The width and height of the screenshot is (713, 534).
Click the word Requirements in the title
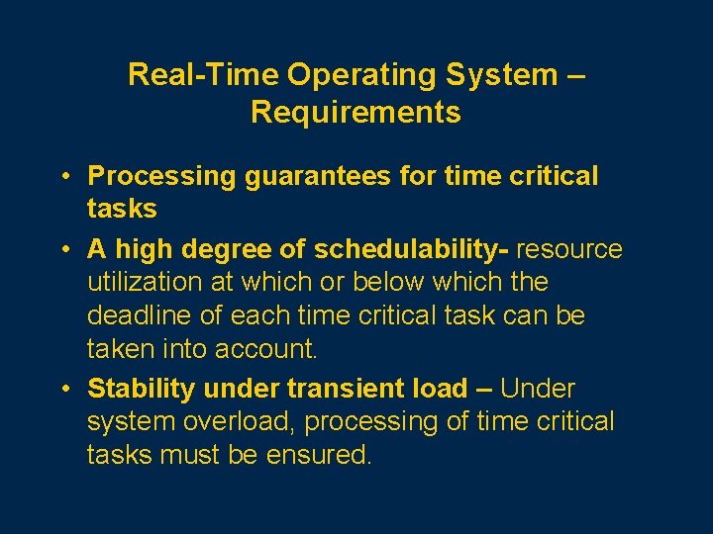click(356, 112)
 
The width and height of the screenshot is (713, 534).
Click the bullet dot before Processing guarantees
click(62, 176)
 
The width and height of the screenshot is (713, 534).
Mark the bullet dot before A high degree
click(62, 248)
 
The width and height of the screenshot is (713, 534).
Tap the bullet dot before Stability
click(62, 389)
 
